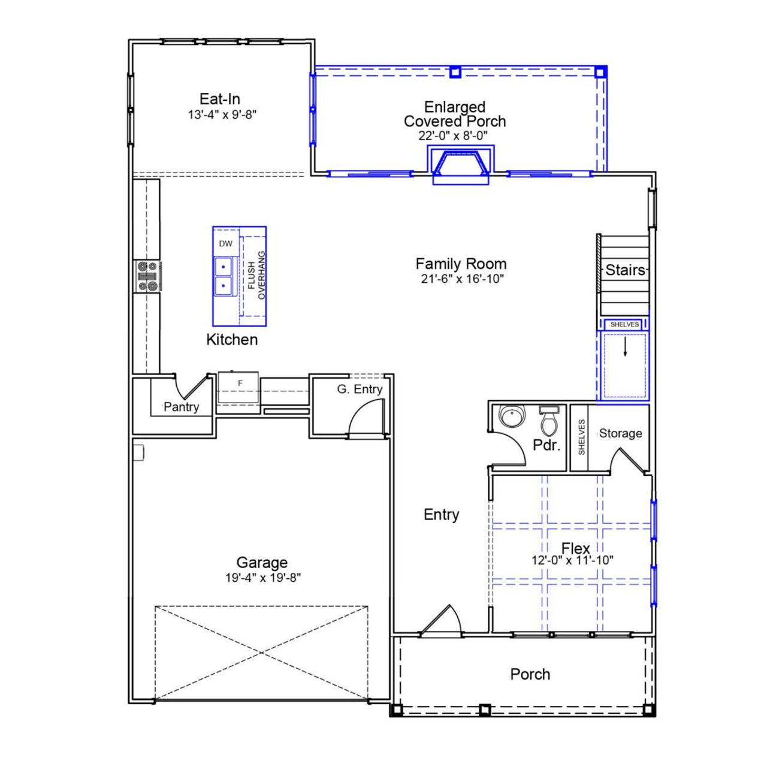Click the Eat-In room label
tap(220, 99)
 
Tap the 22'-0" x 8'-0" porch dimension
tap(453, 136)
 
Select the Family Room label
tap(461, 264)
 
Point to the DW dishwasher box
tap(225, 244)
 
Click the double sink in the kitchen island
tap(224, 275)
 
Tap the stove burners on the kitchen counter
tap(147, 276)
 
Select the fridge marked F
tap(240, 383)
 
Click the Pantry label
tap(181, 407)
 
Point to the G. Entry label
tap(360, 389)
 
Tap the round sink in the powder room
tap(512, 416)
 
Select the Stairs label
tap(625, 270)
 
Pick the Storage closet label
tap(620, 433)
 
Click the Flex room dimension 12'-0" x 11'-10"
tap(572, 561)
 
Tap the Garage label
tap(262, 563)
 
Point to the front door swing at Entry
tap(443, 621)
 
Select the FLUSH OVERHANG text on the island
tap(256, 276)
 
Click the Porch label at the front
tap(530, 674)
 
